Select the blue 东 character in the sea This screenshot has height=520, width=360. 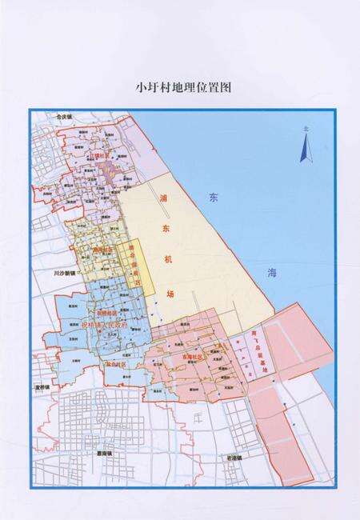(x=213, y=197)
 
